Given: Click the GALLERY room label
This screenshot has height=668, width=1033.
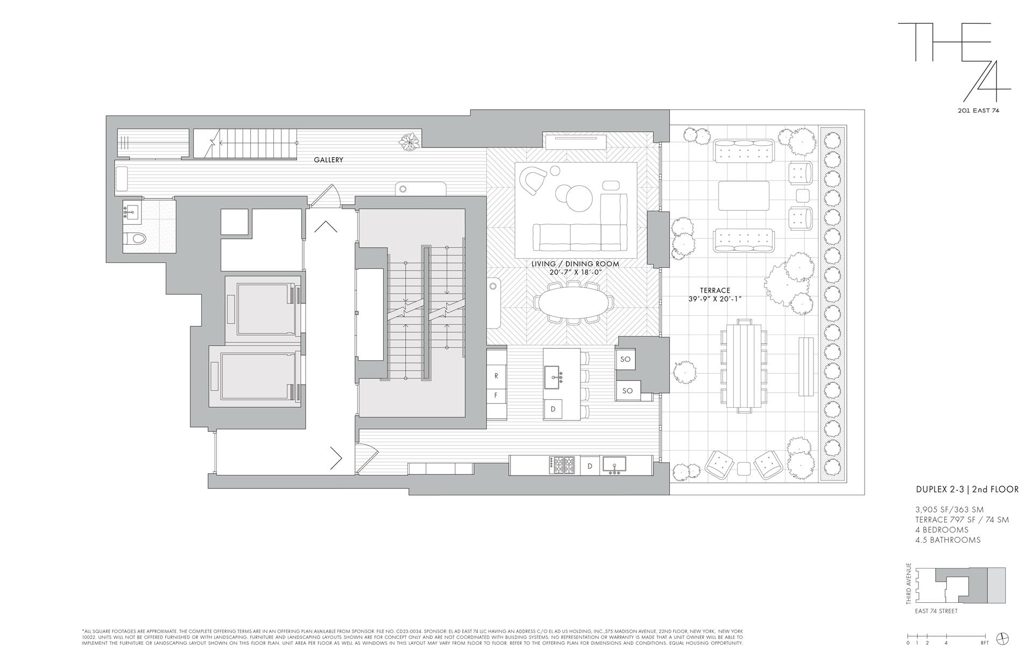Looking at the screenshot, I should pos(328,160).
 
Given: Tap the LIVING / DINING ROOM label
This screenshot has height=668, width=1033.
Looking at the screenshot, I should pos(575,264).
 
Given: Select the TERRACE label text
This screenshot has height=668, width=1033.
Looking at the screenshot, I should pos(715,290).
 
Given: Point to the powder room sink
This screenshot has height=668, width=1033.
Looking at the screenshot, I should pos(131,213).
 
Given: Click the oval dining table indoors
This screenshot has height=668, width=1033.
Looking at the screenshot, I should pos(574,302).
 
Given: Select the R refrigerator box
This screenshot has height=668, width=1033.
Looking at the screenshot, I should pos(496,376).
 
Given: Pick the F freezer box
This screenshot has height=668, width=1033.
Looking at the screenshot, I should pos(496,395).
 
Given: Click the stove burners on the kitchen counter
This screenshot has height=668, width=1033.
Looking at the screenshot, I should pos(562,465).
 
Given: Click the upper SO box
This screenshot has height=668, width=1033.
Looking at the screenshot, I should pos(625,359).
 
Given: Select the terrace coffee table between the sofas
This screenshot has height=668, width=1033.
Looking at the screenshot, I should pos(744,195).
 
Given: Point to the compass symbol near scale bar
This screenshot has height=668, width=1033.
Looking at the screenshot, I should pos(1002,639).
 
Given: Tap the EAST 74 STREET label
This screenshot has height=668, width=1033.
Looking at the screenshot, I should pos(936,611).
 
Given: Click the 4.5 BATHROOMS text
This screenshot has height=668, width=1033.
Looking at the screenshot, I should pos(947,539).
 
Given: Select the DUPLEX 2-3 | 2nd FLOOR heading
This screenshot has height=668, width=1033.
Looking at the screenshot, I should pos(967,489).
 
